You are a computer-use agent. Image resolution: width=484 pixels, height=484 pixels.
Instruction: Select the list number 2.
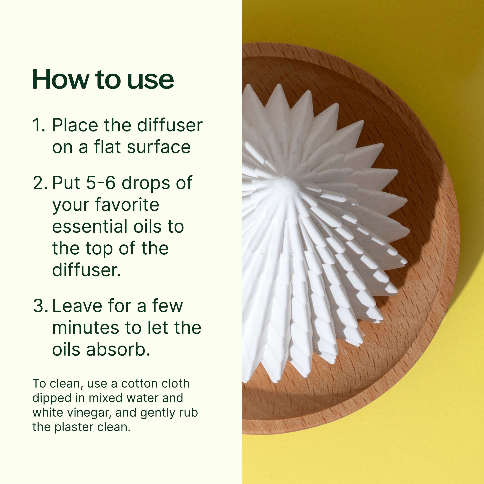[x=39, y=183]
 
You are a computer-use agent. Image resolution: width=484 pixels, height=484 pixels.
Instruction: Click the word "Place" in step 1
[x=75, y=125]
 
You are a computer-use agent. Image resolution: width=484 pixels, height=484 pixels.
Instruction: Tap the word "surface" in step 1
[x=159, y=147]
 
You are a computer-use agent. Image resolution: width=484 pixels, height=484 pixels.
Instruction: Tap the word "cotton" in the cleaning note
[x=136, y=383]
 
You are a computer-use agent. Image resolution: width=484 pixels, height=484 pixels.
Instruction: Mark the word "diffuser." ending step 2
[x=86, y=270]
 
